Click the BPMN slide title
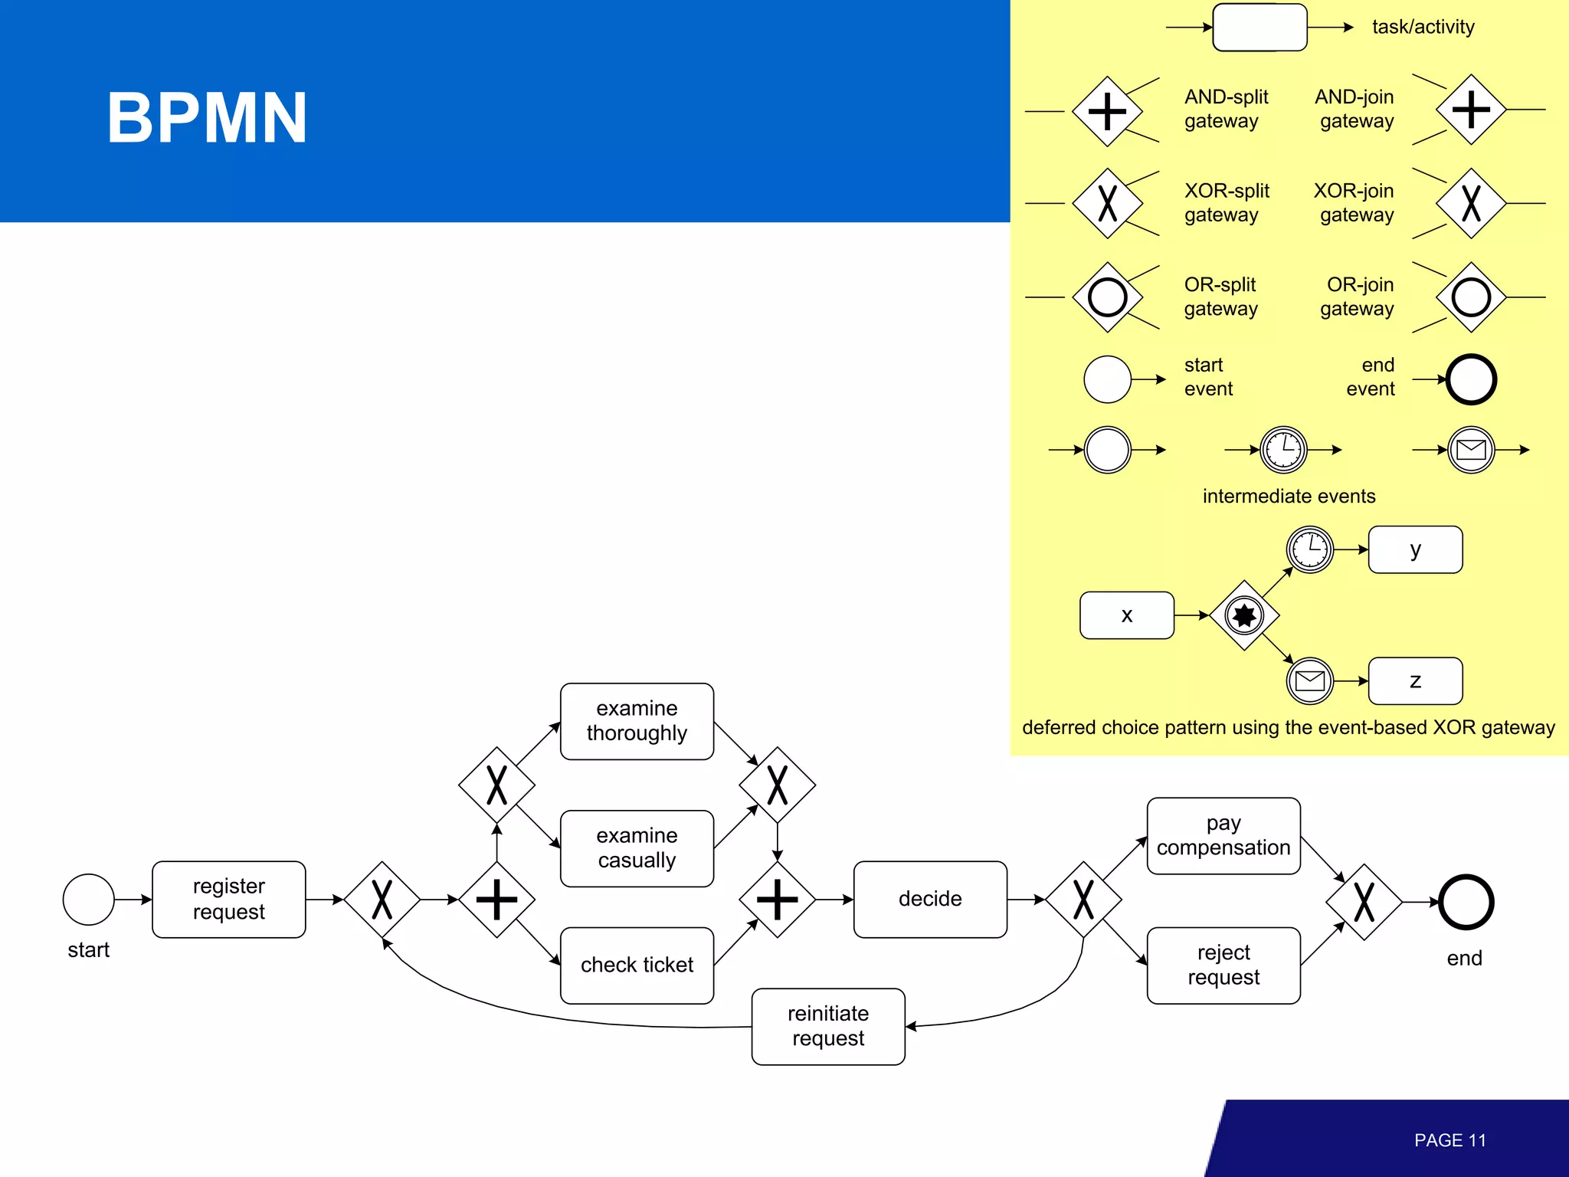[x=207, y=118]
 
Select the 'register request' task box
[x=228, y=899]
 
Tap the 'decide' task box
[x=929, y=899]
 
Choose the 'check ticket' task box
[x=637, y=965]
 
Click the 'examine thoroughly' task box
[x=637, y=721]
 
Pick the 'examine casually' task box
[x=637, y=848]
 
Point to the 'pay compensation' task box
[x=1223, y=835]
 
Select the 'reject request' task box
[x=1223, y=965]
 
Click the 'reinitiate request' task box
[x=827, y=1026]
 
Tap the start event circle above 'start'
[x=89, y=899]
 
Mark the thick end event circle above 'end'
[x=1466, y=902]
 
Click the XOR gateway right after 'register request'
[x=382, y=899]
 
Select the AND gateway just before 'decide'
[x=777, y=899]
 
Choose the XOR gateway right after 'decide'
[x=1083, y=899]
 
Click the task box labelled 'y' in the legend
[x=1415, y=549]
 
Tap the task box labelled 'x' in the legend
[x=1126, y=615]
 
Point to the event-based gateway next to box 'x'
[x=1244, y=615]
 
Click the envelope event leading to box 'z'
[x=1310, y=680]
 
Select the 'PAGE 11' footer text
[x=1449, y=1140]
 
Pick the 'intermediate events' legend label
[x=1289, y=497]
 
